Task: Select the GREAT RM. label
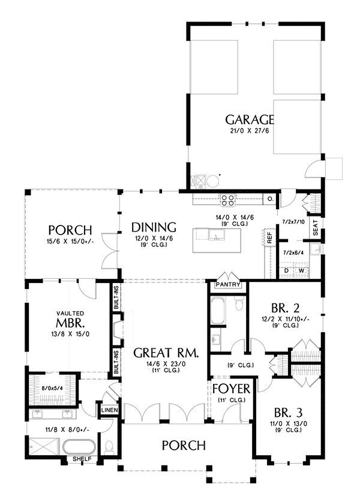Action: pyautogui.click(x=166, y=351)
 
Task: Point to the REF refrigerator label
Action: pyautogui.click(x=269, y=238)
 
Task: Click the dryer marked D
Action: pyautogui.click(x=286, y=270)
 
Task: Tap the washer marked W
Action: pyautogui.click(x=301, y=270)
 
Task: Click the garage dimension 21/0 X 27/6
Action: pyautogui.click(x=249, y=131)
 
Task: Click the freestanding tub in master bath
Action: pyautogui.click(x=79, y=447)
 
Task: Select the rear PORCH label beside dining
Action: pyautogui.click(x=70, y=230)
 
